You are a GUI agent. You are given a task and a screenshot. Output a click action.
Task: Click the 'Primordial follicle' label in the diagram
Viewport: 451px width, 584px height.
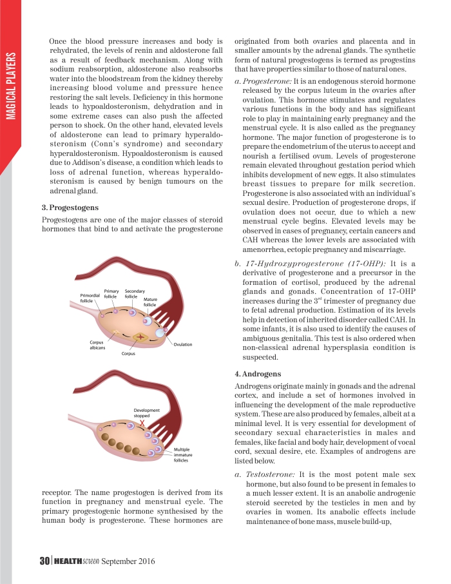pos(90,298)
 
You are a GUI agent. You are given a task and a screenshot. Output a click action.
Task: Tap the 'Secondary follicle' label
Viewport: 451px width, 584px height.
pos(134,294)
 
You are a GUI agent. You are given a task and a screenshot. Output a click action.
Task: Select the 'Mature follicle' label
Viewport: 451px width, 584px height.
pos(150,302)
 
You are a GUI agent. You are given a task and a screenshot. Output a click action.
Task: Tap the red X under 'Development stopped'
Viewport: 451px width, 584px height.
pos(142,423)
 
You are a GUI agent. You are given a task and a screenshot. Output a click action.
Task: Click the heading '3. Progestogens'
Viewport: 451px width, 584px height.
pos(70,208)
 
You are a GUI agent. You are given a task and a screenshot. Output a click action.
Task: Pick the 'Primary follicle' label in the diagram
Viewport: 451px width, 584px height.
pos(111,294)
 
